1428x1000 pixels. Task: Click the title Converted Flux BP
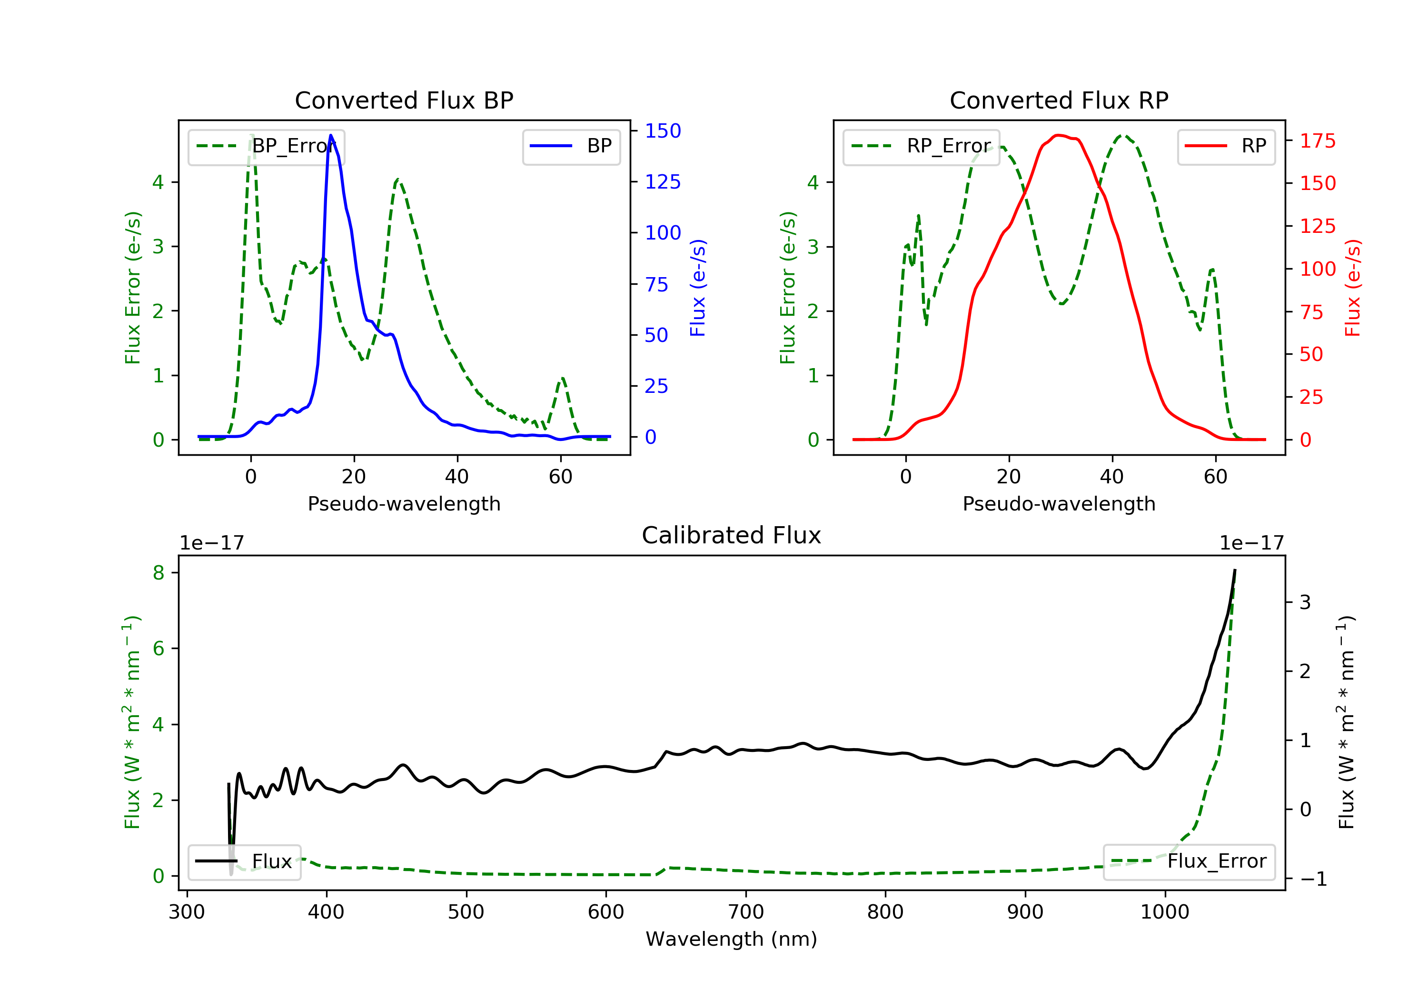coord(404,100)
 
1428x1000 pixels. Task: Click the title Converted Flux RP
coord(1059,100)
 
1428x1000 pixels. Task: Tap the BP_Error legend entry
coord(266,146)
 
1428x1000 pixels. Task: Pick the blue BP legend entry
coord(571,146)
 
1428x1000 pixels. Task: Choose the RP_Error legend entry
coord(921,146)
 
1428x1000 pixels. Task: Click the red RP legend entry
coord(1226,146)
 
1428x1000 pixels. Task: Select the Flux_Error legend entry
coord(1189,861)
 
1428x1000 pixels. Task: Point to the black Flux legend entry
coord(245,861)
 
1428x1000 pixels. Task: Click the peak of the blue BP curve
coord(331,135)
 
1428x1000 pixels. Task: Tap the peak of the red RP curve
coord(1059,135)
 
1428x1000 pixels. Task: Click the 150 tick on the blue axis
coord(663,130)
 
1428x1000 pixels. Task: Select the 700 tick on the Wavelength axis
coord(746,912)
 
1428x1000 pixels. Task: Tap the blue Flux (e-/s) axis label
coord(698,288)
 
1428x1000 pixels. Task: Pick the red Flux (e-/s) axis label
coord(1353,288)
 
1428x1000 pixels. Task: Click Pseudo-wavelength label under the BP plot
coord(404,503)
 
